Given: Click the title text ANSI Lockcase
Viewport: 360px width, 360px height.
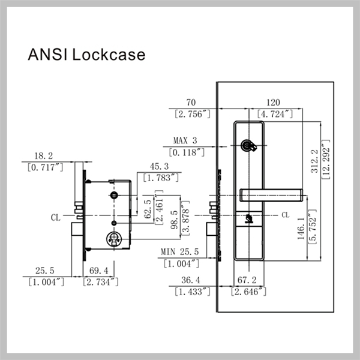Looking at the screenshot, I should click(x=87, y=55).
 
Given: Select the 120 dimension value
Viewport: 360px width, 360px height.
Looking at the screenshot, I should click(x=274, y=103).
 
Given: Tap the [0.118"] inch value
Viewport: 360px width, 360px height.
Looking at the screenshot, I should click(x=189, y=152).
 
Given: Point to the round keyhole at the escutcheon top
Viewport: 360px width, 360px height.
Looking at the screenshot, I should click(x=247, y=145).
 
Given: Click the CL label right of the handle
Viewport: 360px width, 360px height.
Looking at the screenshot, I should click(x=285, y=214).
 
